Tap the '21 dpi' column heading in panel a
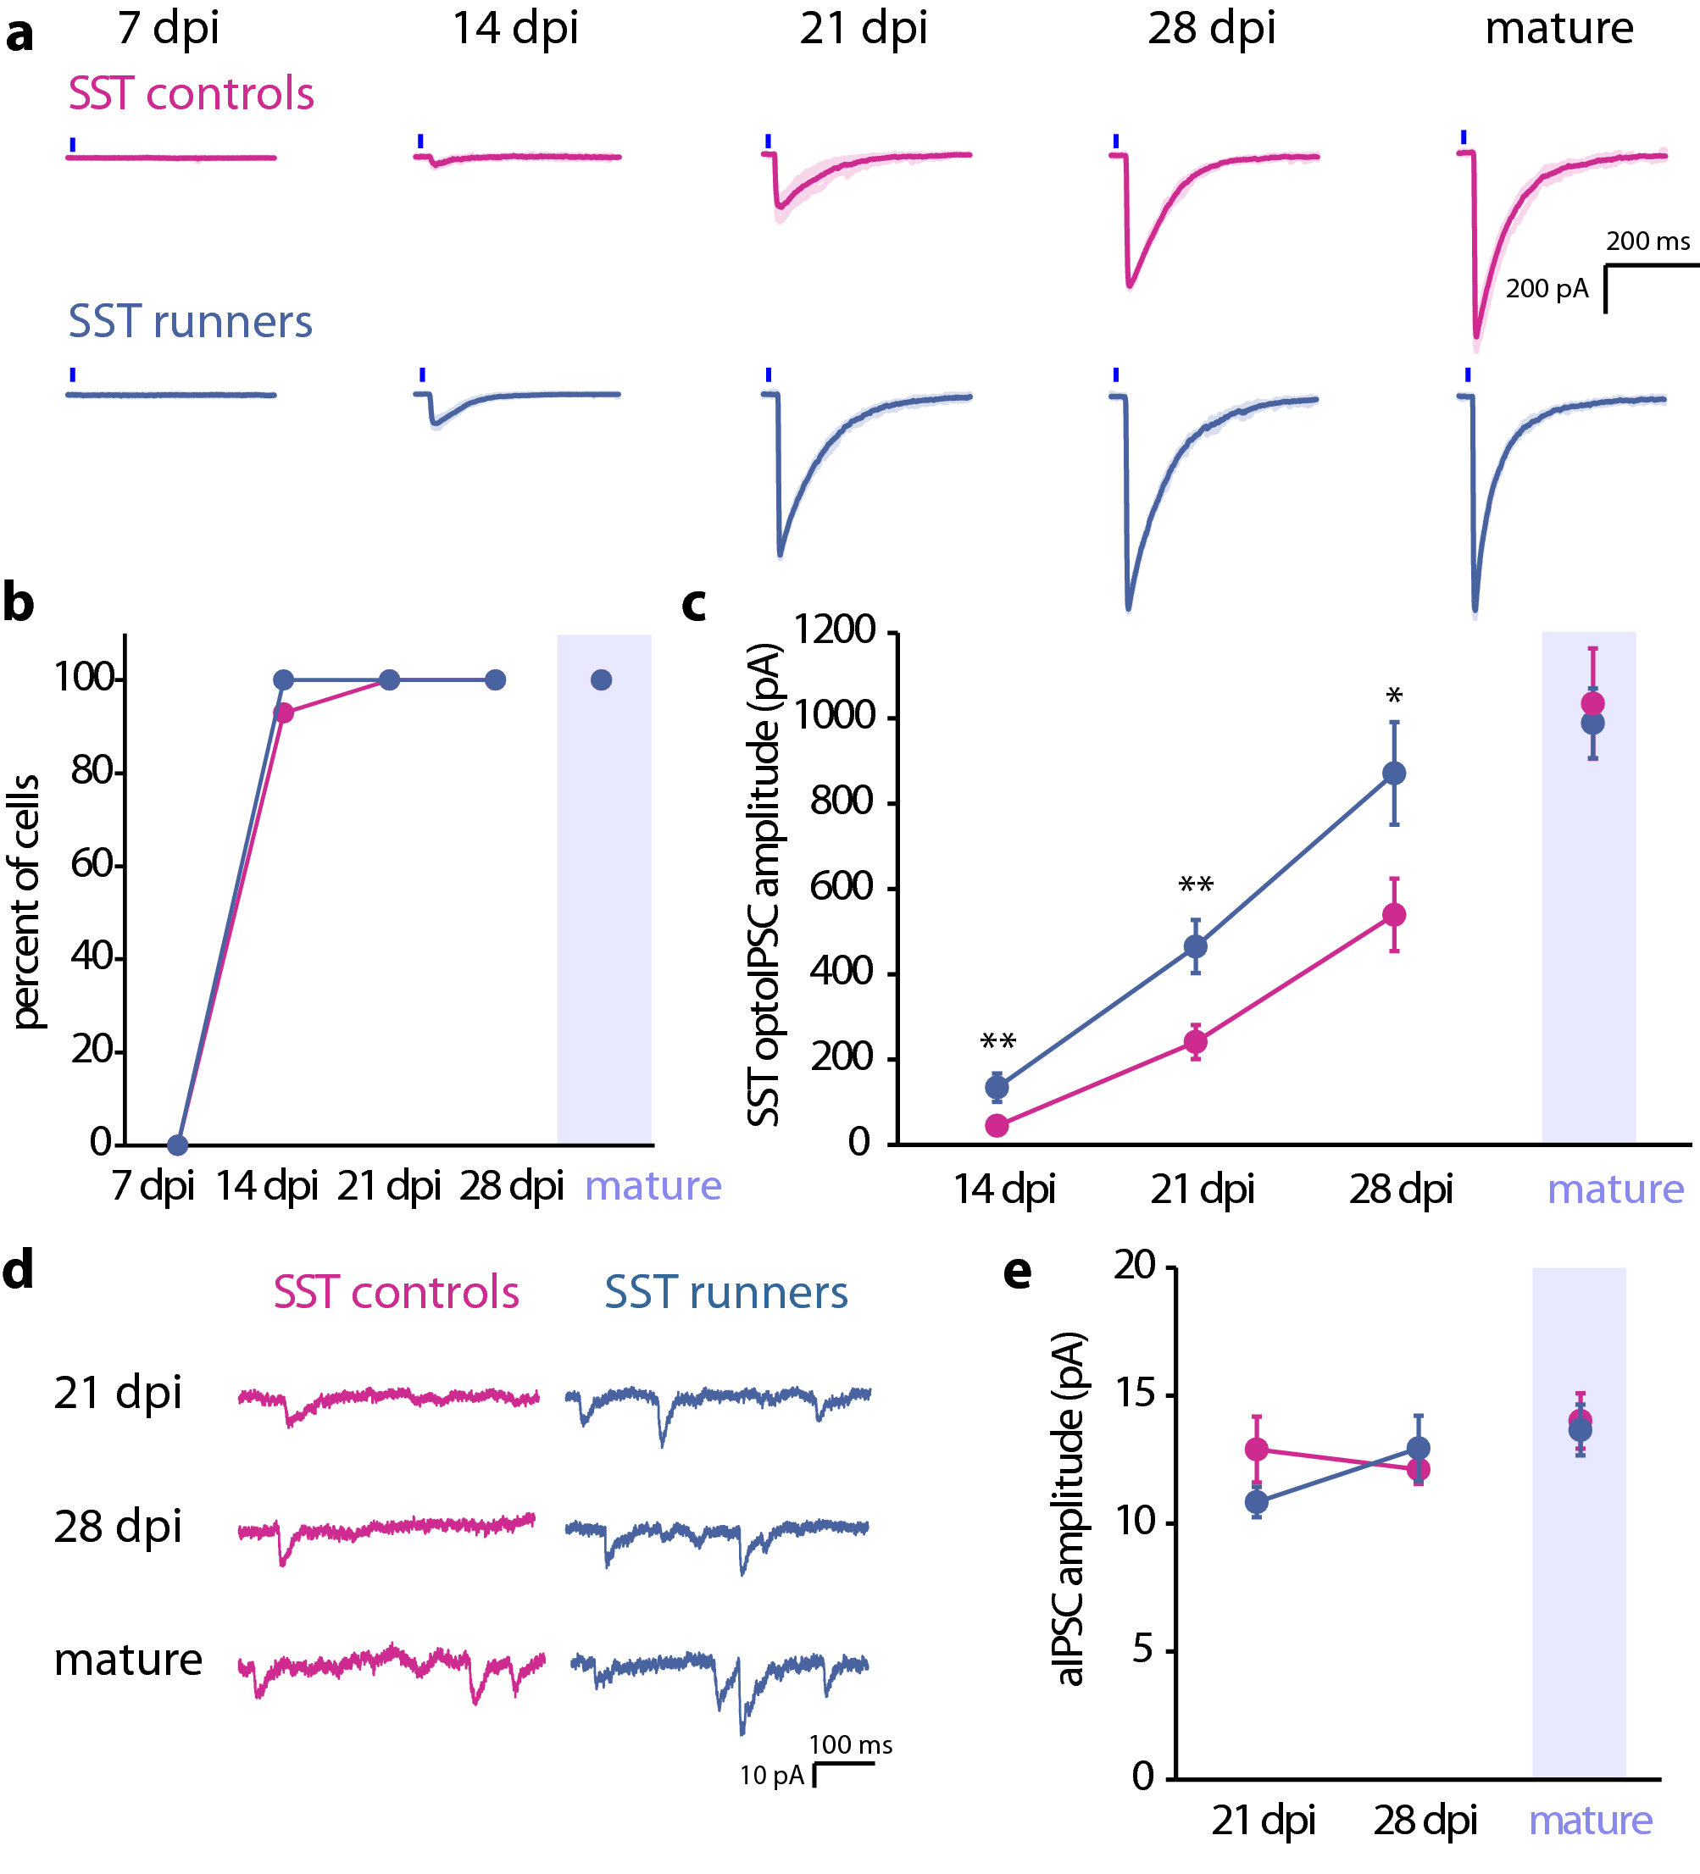pyautogui.click(x=863, y=28)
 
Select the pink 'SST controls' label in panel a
pyautogui.click(x=191, y=94)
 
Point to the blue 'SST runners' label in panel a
pyautogui.click(x=190, y=322)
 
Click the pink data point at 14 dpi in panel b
pyautogui.click(x=284, y=713)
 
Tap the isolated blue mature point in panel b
pyautogui.click(x=601, y=680)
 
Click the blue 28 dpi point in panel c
pyautogui.click(x=1393, y=773)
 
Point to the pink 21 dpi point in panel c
pyautogui.click(x=1195, y=1042)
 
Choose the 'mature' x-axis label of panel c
pyautogui.click(x=1614, y=1189)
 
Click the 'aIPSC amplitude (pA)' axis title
pyautogui.click(x=1069, y=1510)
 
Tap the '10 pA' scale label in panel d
pyautogui.click(x=771, y=1776)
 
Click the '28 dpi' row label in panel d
pyautogui.click(x=117, y=1527)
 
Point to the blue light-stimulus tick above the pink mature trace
pyautogui.click(x=1463, y=137)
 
